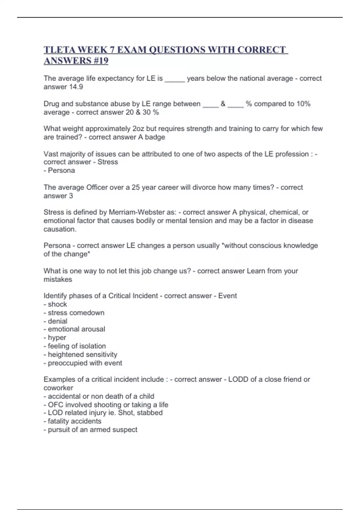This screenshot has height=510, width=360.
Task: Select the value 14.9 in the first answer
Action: point(76,87)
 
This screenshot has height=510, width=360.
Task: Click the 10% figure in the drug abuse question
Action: point(303,104)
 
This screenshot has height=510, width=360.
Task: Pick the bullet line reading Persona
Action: point(59,170)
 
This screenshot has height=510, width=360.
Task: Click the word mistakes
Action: point(58,280)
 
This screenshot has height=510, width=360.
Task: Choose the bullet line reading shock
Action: point(55,304)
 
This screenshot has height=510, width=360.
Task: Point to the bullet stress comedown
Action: point(74,313)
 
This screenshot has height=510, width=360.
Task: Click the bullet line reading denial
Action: point(55,321)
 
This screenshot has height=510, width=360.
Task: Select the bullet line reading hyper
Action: point(55,338)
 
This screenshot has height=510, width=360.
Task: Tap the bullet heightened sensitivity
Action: point(80,355)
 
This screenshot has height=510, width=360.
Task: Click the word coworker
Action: point(58,388)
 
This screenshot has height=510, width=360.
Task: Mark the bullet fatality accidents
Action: point(73,421)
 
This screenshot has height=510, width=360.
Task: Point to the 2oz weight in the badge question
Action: point(138,129)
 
